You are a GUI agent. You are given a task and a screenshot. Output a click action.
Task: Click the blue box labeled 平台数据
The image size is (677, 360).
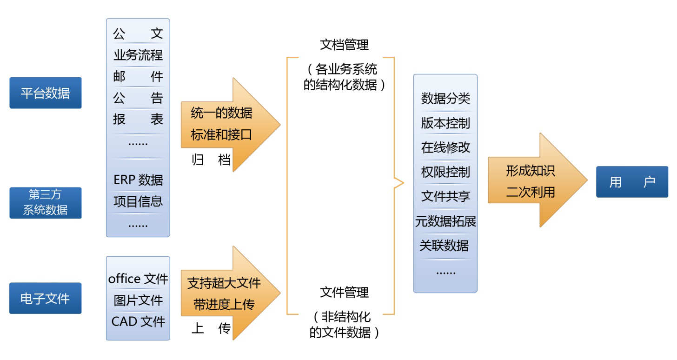pos(45,93)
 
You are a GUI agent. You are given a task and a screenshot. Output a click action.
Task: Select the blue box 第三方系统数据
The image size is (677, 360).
pos(45,202)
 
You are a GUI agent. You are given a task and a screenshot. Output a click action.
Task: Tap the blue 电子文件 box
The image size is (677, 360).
pos(45,298)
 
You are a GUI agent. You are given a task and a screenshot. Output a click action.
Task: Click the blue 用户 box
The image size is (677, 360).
pos(632,182)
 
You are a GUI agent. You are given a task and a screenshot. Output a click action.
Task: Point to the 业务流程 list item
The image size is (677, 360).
pos(138,55)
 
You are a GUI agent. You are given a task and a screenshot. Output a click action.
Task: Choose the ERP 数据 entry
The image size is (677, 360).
pos(138,180)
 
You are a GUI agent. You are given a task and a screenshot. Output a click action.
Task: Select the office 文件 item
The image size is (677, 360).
pos(138,279)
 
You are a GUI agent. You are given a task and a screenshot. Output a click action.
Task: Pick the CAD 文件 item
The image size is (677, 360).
pos(138,321)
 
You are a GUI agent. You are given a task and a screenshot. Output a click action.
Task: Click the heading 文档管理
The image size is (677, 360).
pos(344,45)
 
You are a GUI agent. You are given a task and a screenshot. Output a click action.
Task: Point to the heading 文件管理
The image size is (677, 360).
pos(344,293)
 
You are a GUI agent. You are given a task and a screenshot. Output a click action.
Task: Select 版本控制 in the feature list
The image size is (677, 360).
pos(445,123)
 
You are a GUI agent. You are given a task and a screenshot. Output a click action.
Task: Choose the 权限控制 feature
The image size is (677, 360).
pos(445,172)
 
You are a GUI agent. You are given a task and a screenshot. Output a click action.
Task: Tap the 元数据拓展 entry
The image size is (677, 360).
pos(445,221)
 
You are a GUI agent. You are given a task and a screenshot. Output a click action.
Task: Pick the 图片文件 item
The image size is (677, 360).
pos(138,300)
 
